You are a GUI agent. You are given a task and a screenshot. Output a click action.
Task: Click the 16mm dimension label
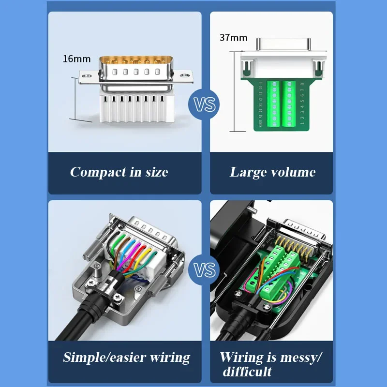tap(76, 59)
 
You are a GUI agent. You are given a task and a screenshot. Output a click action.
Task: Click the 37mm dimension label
tap(233, 38)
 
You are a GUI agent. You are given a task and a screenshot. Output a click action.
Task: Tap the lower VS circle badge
tap(205, 269)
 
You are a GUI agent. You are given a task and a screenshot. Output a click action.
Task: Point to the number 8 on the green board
tap(302, 84)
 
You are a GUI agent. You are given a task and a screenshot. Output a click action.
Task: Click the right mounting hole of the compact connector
tap(184, 74)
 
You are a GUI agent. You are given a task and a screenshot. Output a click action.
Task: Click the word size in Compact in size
tap(156, 172)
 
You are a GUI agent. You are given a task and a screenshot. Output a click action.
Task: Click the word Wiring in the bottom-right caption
tap(242, 357)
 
